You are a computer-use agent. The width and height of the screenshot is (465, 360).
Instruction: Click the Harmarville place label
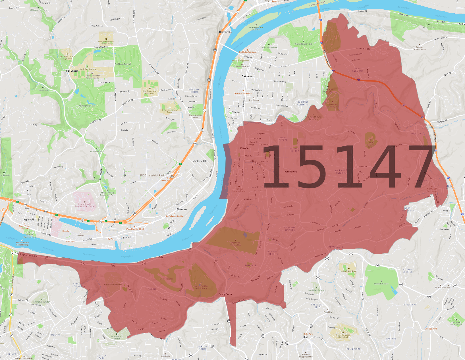click(225, 32)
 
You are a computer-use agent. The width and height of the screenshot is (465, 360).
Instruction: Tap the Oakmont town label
click(247, 76)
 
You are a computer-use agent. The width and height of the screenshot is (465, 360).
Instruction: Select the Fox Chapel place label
click(72, 71)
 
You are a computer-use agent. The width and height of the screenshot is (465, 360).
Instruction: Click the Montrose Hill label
click(200, 161)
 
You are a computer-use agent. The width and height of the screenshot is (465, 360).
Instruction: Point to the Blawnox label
click(182, 209)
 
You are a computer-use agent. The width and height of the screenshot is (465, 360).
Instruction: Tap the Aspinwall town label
click(29, 220)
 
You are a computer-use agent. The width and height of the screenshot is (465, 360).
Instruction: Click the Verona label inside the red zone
click(244, 148)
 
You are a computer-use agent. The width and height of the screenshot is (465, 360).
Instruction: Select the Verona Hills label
click(291, 172)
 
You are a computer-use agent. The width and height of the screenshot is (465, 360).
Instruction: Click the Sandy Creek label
click(225, 294)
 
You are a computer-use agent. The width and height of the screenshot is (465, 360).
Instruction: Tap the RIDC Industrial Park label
click(152, 175)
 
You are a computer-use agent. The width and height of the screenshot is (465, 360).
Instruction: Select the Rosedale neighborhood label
click(250, 266)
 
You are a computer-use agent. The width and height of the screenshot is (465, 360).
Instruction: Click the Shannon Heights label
click(290, 229)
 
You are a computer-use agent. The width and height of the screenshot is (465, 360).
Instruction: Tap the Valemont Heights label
click(341, 172)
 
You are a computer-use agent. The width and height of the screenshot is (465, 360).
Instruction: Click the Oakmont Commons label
click(303, 103)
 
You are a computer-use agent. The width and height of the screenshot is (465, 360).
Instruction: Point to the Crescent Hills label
click(317, 306)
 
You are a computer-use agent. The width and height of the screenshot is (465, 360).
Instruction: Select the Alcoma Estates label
click(408, 270)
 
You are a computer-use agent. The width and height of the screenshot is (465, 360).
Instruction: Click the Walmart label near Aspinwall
click(81, 235)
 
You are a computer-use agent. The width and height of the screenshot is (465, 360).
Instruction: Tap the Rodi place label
click(306, 337)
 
